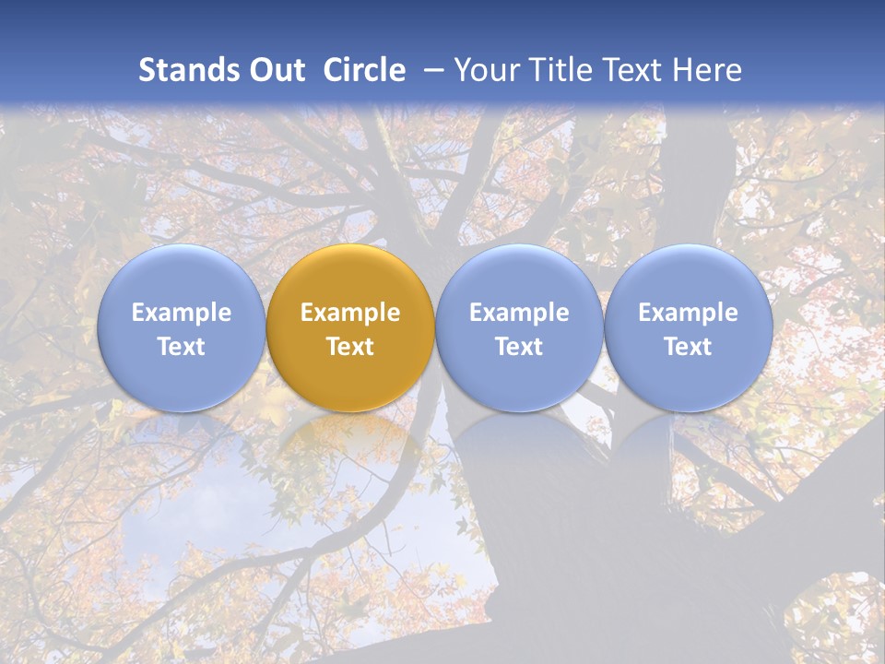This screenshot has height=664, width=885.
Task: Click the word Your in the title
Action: pyautogui.click(x=486, y=70)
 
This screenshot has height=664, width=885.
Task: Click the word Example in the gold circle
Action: pyautogui.click(x=350, y=313)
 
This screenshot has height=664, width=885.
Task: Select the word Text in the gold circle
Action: pyautogui.click(x=350, y=347)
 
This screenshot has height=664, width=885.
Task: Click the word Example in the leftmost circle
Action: pyautogui.click(x=182, y=313)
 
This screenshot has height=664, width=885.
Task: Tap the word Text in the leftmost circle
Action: pyautogui.click(x=182, y=347)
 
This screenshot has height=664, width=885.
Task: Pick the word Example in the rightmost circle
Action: pyautogui.click(x=688, y=313)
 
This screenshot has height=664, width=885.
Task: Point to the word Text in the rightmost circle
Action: pyautogui.click(x=688, y=347)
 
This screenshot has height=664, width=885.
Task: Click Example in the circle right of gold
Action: pyautogui.click(x=519, y=313)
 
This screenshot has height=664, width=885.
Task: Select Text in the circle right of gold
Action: pyautogui.click(x=519, y=347)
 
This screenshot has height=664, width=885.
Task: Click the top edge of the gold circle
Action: pyautogui.click(x=350, y=245)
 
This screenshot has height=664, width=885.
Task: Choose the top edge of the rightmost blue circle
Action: pyautogui.click(x=688, y=245)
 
